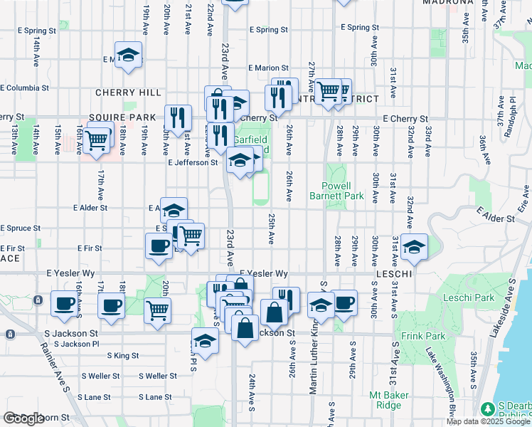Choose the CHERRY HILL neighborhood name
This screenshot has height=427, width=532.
[x=122, y=93]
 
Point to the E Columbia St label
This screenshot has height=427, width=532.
[x=25, y=88]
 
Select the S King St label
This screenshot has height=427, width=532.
[x=123, y=355]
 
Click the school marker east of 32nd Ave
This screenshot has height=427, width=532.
[x=414, y=246]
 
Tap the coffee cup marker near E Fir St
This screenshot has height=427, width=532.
[x=159, y=246]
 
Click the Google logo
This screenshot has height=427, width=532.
[x=23, y=418]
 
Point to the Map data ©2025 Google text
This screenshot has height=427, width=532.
[x=488, y=421]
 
